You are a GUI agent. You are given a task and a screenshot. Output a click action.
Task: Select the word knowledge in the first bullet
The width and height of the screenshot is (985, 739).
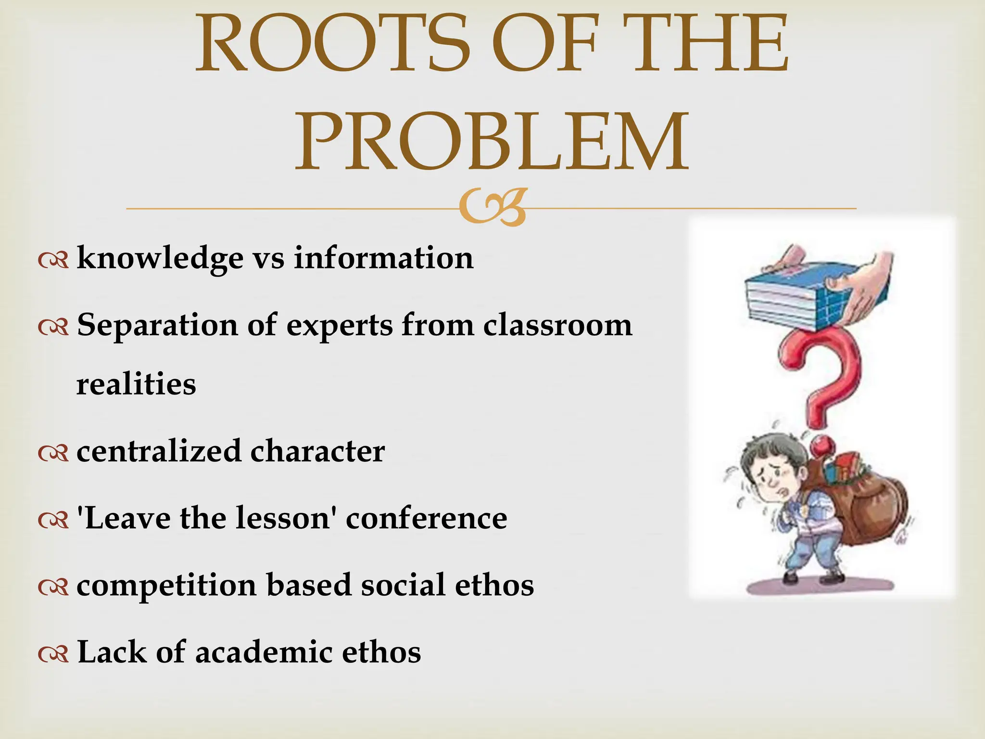pos(160,258)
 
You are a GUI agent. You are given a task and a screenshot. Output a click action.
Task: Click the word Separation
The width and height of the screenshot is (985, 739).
pos(157,325)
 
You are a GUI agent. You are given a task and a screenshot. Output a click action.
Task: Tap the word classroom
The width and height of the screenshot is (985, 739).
pos(557,325)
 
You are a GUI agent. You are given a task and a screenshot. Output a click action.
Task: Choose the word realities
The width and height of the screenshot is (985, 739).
pos(136,384)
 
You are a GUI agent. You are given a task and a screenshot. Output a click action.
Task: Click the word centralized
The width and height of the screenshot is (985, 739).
pos(159,451)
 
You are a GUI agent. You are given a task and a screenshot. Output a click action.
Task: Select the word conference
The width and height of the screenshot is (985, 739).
pos(426,518)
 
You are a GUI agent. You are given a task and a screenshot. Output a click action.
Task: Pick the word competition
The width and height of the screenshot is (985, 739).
pos(166,586)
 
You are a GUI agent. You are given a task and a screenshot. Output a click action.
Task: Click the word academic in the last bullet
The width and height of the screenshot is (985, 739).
pos(264,652)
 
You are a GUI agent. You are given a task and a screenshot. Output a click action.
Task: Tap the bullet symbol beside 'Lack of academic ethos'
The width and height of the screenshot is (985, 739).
pos(53,654)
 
